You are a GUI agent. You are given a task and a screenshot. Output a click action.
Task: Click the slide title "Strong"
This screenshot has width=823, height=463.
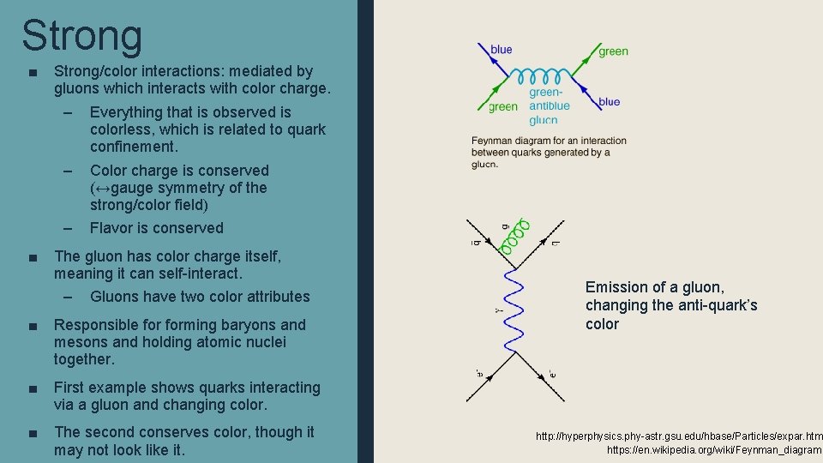(x=82, y=36)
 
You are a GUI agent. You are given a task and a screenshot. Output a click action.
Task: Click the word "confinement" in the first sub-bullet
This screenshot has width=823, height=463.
(x=133, y=147)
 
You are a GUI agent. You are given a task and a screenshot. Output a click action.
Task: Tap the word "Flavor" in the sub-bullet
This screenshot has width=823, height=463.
(x=113, y=228)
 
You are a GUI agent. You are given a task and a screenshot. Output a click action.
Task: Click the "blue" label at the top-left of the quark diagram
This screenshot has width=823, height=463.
(x=502, y=50)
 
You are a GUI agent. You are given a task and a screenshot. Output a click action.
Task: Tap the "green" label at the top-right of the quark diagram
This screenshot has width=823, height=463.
(x=613, y=51)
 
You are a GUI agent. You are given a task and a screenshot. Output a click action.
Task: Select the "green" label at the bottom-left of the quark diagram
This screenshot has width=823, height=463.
(x=503, y=107)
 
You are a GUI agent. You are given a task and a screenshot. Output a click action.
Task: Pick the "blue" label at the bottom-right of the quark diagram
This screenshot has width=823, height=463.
(x=610, y=102)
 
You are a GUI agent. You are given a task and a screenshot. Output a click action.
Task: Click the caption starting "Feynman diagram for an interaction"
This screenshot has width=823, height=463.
(x=549, y=152)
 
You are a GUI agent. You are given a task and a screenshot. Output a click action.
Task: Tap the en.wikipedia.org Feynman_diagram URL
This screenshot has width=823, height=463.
(x=714, y=450)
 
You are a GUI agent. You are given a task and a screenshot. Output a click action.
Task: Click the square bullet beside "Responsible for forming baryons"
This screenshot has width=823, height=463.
(x=32, y=326)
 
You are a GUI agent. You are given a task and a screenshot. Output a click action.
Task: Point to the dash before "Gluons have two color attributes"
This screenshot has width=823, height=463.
(x=68, y=297)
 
